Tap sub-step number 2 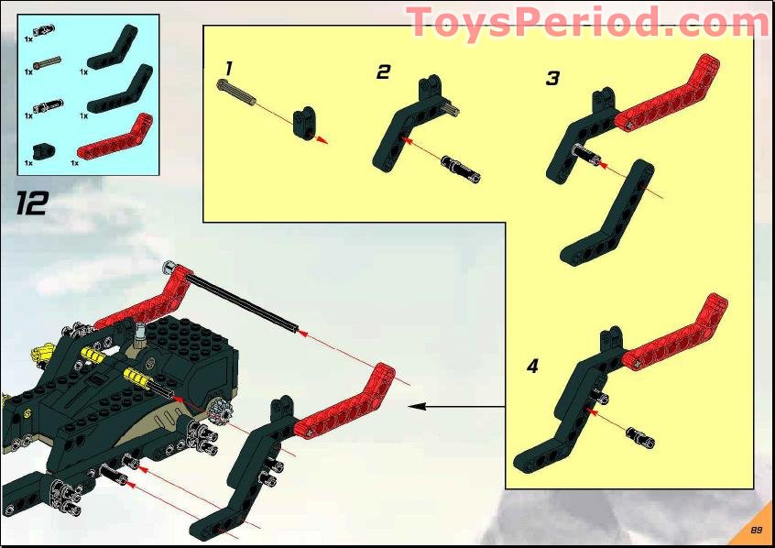(383, 71)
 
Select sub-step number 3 (551, 79)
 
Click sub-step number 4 (532, 367)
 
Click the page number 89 (757, 530)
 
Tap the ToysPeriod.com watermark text (587, 22)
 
